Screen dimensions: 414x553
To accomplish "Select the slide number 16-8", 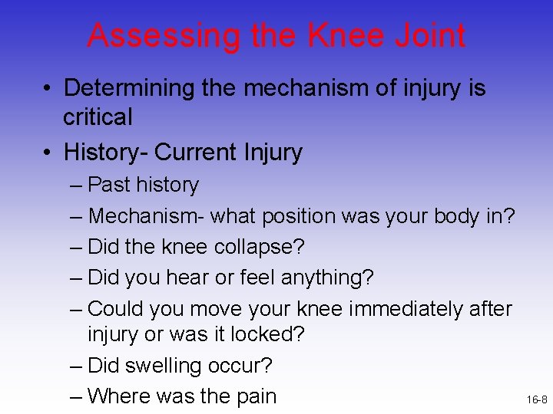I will [537, 400].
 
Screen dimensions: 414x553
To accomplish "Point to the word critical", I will [98, 117].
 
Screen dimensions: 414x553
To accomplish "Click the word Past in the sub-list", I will [109, 185].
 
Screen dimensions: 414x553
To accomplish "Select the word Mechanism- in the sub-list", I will [146, 216].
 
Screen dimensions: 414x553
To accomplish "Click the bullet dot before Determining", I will [48, 89].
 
